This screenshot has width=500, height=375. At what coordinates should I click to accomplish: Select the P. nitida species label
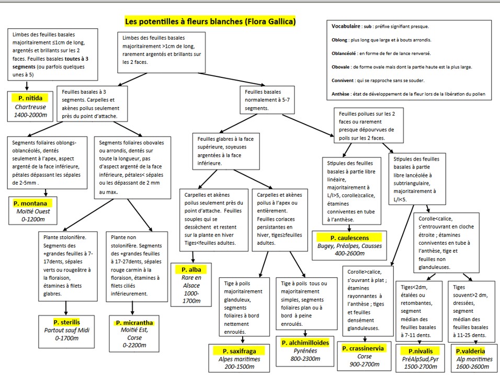coord(30,97)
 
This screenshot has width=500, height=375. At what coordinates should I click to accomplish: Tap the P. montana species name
coord(31,203)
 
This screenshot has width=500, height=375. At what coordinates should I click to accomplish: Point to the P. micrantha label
coord(134,323)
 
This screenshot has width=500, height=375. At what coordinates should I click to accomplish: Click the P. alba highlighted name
coord(191,269)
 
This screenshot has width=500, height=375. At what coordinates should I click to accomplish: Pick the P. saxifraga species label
coord(237,351)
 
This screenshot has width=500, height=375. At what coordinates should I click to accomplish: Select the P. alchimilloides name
coord(305,343)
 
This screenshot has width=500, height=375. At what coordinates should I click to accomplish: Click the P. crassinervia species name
coord(363,348)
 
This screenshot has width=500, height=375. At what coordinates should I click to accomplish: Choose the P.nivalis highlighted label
coord(416,351)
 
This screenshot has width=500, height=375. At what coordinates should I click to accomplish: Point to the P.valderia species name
coord(471,351)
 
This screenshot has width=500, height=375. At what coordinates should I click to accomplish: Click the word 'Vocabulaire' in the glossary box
coord(346,26)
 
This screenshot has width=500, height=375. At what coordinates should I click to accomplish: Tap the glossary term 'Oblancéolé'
coord(344,53)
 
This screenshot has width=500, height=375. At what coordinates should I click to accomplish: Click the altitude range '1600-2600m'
coord(471,367)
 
